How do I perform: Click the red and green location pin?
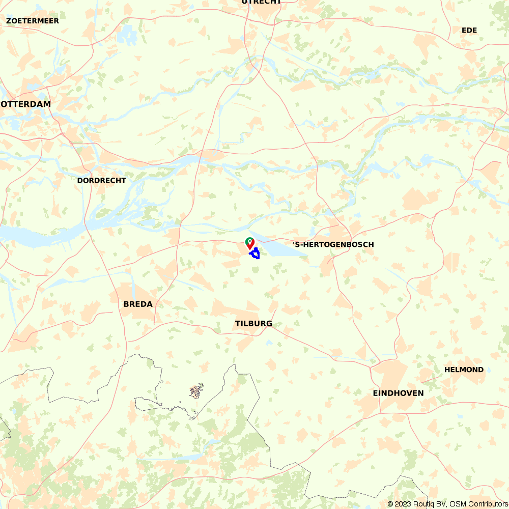(x=250, y=243)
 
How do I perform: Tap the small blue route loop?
(x=255, y=253)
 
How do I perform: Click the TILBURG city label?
(x=253, y=324)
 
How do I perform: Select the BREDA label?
(x=138, y=304)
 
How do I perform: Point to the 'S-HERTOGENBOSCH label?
(x=333, y=245)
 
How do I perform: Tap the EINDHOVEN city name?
(x=398, y=393)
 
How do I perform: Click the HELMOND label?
(x=464, y=370)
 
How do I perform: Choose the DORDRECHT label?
(x=101, y=181)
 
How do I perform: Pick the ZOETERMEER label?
(x=33, y=21)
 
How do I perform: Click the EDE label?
(x=469, y=31)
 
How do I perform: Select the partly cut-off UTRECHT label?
(x=262, y=2)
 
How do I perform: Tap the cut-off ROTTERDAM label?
(x=26, y=104)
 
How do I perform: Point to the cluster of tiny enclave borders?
(x=196, y=391)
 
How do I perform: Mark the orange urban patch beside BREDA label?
(x=122, y=295)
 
